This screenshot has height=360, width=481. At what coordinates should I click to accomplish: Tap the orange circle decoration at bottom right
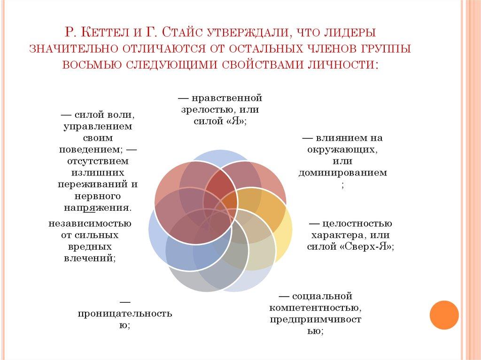(444, 315)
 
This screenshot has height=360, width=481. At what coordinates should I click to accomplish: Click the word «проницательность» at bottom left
(124, 313)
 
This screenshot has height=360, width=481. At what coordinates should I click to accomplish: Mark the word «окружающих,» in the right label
(342, 149)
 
